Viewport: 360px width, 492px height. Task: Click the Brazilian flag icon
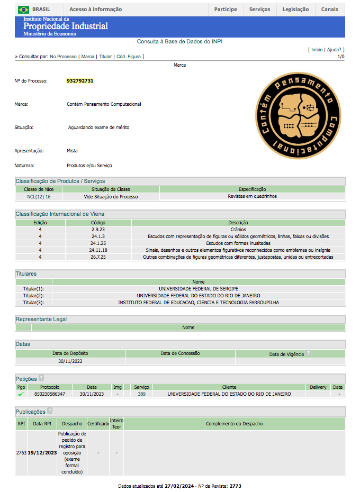[x=23, y=10]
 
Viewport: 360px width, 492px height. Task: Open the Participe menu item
[x=226, y=10]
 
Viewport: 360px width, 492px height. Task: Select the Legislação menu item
[x=295, y=10]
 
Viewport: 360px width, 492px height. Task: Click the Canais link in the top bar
[x=329, y=10]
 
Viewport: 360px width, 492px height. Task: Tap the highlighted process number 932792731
[x=80, y=81]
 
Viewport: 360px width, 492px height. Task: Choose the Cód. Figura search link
[x=129, y=56]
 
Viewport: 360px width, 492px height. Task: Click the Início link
[x=317, y=49]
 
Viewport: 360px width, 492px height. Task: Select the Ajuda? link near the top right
[x=335, y=49]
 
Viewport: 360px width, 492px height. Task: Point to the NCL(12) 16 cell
[x=39, y=196]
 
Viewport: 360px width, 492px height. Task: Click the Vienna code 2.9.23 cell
[x=98, y=230]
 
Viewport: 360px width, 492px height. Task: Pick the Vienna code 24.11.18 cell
[x=98, y=250]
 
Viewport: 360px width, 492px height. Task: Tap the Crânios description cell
[x=238, y=230]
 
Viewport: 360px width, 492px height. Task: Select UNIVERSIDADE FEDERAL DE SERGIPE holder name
[x=199, y=289]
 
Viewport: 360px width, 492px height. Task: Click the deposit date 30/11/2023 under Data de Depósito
[x=70, y=361]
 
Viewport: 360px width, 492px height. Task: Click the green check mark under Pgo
[x=21, y=394]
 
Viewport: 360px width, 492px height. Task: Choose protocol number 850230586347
[x=50, y=394]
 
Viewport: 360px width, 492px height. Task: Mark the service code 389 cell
[x=141, y=394]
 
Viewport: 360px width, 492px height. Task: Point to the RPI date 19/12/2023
[x=42, y=453]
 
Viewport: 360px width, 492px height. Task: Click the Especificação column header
[x=252, y=189]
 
